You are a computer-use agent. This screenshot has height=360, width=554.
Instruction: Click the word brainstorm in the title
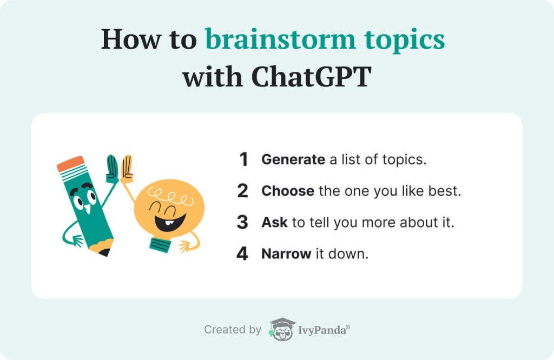pos(280,39)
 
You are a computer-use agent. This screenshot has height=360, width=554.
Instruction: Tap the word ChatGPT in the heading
pos(311,76)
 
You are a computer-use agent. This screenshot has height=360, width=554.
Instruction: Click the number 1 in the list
pos(243,159)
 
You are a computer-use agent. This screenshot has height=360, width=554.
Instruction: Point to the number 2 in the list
pos(243,191)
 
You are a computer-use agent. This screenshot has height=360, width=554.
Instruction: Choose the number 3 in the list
pos(243,222)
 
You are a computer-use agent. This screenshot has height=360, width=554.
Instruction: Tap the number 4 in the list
pos(242,254)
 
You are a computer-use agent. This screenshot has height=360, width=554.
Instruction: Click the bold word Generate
pos(293,159)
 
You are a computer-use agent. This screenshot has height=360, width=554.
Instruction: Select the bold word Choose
pos(288,191)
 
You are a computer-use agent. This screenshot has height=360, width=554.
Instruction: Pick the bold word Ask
pos(274,222)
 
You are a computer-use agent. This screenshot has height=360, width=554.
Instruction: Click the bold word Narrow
pos(286,254)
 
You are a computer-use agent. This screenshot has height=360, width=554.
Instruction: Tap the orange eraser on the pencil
pos(71,163)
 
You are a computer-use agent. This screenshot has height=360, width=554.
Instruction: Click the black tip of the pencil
pos(104,252)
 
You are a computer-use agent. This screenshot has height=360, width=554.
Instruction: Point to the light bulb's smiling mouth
pos(170,222)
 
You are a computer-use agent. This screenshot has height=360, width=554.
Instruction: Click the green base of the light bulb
pos(160,244)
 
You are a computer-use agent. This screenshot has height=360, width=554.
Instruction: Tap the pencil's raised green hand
pos(113,169)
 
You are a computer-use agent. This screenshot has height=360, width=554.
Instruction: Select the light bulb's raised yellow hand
pos(127,169)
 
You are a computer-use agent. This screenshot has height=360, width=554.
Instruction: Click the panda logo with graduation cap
pos(282,329)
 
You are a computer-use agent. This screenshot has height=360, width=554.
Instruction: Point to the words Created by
pos(233,330)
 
